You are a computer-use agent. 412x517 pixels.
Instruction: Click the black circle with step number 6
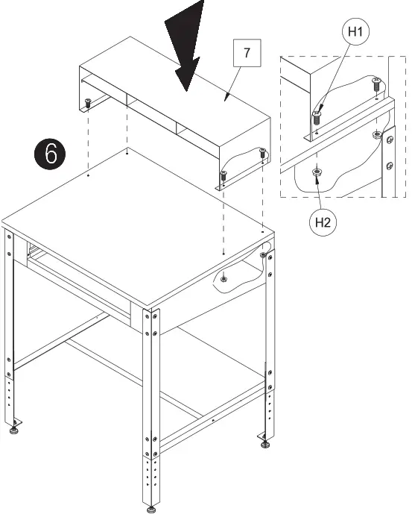[51, 153]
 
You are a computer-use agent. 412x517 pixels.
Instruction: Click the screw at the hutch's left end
[88, 103]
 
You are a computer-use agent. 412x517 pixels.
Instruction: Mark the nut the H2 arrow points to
[317, 173]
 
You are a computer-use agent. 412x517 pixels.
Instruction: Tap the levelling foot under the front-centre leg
[152, 509]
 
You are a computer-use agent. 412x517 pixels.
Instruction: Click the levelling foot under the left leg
[13, 430]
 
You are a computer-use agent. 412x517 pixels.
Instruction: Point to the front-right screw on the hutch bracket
[224, 175]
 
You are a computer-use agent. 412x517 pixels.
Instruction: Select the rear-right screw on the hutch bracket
[262, 153]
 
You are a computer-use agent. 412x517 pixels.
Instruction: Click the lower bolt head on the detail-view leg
[389, 164]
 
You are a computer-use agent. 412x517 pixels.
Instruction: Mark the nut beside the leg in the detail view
[377, 135]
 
